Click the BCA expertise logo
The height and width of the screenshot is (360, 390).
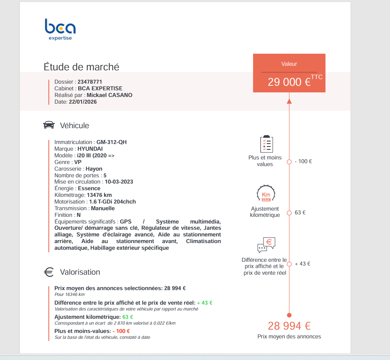coord(60,29)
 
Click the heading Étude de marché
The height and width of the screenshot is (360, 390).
coord(82,67)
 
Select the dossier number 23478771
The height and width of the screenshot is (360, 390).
coord(90,82)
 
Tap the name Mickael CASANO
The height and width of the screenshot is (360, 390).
coord(112,95)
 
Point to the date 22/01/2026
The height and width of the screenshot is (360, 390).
coord(83,102)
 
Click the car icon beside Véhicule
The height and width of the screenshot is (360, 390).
coord(49,125)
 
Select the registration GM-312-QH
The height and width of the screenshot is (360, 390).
coord(112,142)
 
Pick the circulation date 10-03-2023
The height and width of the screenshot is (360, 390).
coord(119,182)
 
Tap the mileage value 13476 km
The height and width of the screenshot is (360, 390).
coord(99,195)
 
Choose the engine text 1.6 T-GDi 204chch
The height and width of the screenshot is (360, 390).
coord(112,202)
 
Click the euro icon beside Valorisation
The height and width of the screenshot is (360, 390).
coord(49,272)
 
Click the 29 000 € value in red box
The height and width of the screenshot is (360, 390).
coord(289,82)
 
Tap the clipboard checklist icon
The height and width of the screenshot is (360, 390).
coord(266,144)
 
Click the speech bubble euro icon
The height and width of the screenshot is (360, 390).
coord(266,245)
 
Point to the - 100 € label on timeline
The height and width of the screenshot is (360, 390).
coord(303,161)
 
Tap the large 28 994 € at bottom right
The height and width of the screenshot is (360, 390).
coord(289,326)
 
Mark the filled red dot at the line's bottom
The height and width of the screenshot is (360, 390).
coord(289,315)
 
